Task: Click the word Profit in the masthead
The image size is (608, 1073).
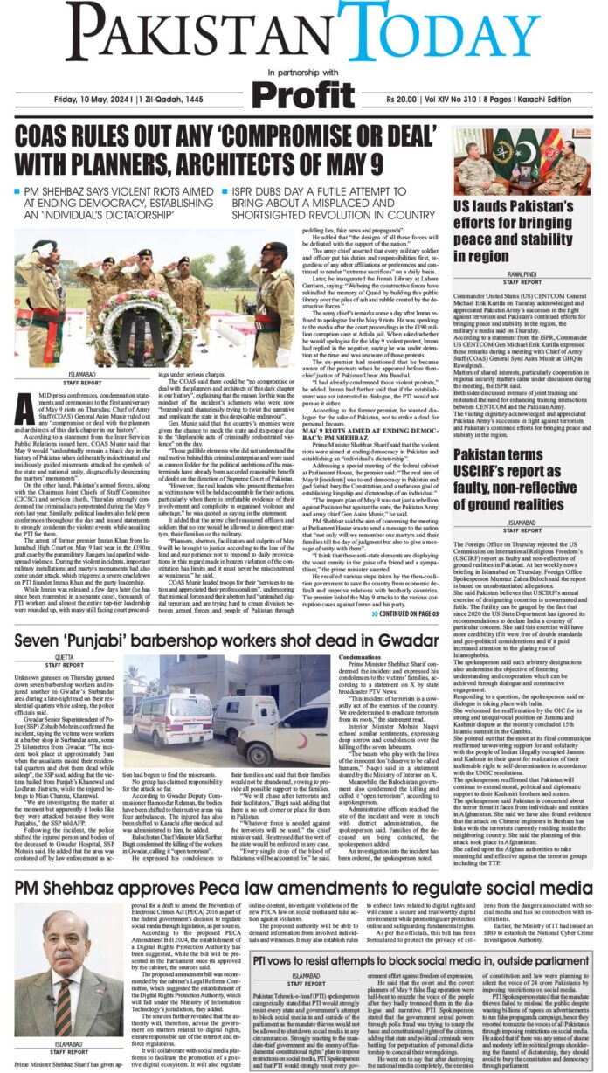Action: (x=303, y=92)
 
